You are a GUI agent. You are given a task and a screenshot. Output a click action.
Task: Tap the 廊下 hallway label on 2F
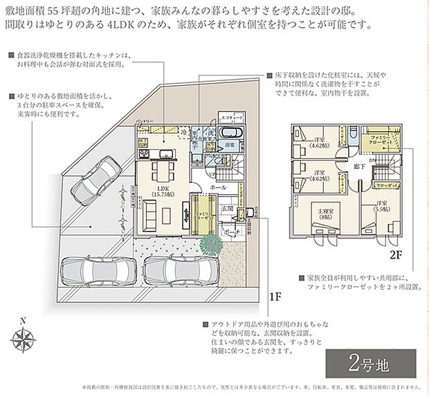coord(357,167)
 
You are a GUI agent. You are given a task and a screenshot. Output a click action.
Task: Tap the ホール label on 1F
coord(218,188)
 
